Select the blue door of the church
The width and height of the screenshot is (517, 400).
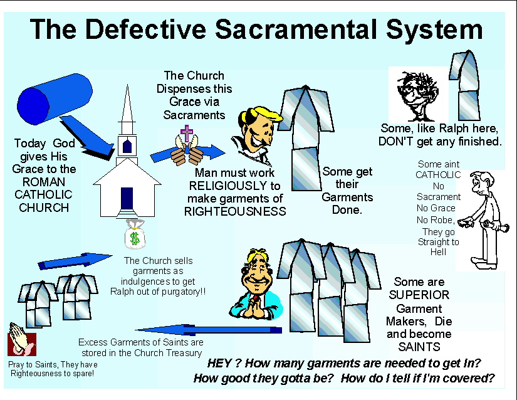point(127,200)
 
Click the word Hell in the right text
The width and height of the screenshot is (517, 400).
point(439,252)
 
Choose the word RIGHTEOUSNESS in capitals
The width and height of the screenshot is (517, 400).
point(234,212)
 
